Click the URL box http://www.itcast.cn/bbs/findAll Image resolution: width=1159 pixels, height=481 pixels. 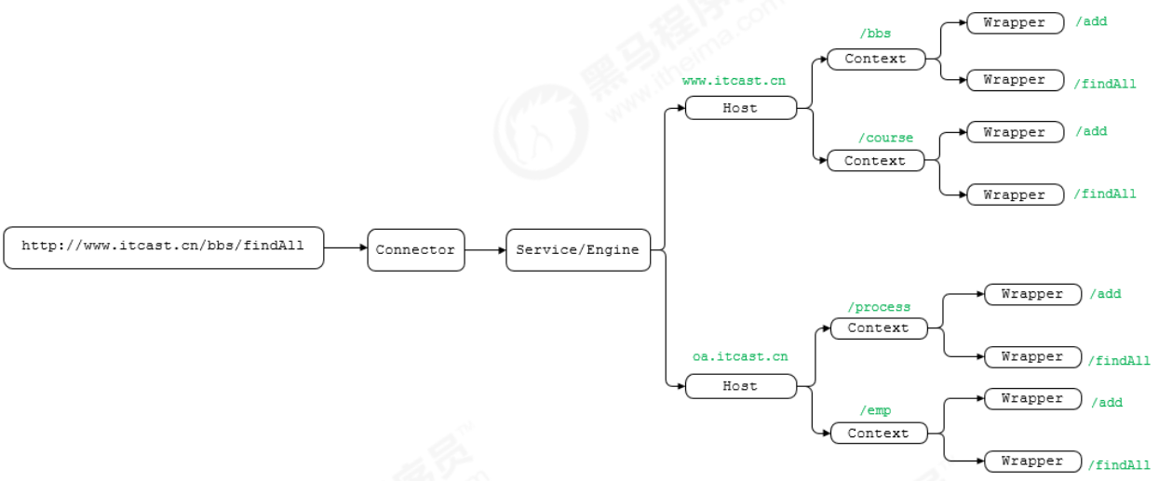164,247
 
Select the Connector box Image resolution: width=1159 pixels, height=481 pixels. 416,250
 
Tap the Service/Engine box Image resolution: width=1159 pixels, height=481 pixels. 578,250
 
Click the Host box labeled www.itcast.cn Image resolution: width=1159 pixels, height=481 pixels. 741,108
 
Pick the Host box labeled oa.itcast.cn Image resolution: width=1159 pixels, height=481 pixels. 741,386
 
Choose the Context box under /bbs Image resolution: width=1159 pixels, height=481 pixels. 876,59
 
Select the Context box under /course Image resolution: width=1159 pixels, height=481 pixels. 875,160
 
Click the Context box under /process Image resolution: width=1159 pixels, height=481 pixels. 879,328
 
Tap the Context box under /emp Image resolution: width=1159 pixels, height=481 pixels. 879,433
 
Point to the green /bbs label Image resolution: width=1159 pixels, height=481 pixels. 875,33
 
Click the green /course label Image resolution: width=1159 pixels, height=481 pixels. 886,138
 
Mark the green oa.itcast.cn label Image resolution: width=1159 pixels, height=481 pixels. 740,356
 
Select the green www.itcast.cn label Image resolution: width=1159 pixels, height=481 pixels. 734,81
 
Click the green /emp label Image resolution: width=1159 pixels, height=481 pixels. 875,410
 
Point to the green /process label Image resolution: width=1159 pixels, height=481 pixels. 879,307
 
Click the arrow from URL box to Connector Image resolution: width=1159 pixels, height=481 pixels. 345,247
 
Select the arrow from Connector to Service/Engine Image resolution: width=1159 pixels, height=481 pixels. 485,250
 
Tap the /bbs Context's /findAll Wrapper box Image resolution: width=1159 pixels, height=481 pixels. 1015,80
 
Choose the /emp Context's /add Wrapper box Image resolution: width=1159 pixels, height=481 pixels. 1032,399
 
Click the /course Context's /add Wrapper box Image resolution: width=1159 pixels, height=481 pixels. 1015,132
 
